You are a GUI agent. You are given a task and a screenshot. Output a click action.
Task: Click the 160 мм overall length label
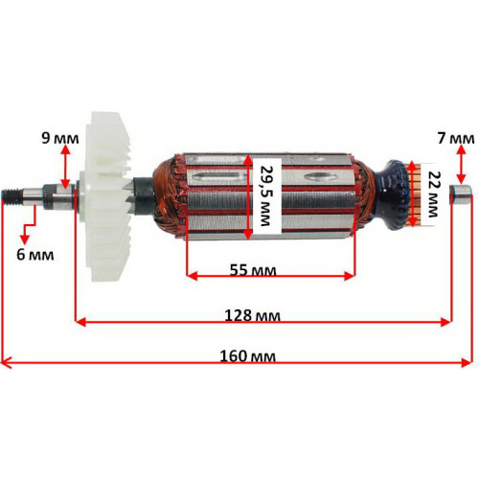coord(247,355)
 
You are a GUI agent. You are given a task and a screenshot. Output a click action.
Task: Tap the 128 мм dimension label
coord(252,315)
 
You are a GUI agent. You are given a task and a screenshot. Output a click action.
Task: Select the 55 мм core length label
coord(253,270)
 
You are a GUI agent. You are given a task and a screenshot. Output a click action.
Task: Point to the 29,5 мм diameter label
coord(265,195)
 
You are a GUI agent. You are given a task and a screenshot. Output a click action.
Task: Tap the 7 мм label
coord(456,138)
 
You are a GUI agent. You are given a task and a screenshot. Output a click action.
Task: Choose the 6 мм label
coord(35,255)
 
